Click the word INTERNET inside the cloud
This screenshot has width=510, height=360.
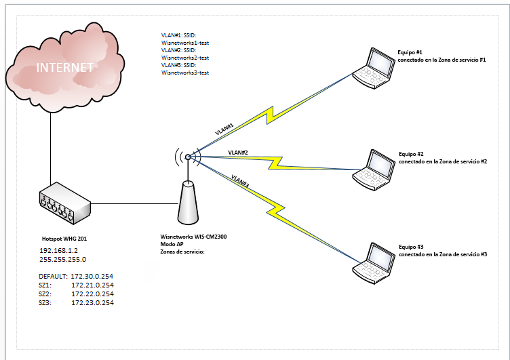[64, 67]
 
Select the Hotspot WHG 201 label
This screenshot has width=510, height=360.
[64, 239]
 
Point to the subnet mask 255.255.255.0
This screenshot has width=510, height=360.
[63, 259]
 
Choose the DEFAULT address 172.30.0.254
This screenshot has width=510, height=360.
[92, 277]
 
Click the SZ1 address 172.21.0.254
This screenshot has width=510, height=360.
[92, 285]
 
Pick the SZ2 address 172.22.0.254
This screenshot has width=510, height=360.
[92, 294]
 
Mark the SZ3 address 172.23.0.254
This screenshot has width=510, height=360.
[92, 303]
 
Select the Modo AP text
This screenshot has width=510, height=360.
[170, 245]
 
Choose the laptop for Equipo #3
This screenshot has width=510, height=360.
[373, 260]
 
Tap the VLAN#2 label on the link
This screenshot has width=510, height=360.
[238, 153]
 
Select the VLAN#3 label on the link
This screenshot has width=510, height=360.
[240, 181]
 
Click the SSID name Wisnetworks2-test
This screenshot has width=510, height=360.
[185, 58]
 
